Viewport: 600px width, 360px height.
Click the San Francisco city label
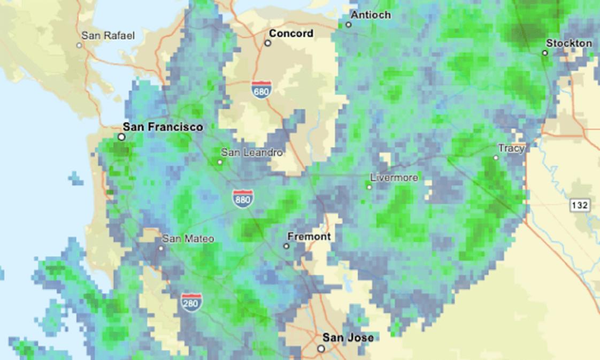pyautogui.click(x=163, y=127)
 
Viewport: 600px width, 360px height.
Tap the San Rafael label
pyautogui.click(x=108, y=36)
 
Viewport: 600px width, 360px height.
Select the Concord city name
pyautogui.click(x=291, y=34)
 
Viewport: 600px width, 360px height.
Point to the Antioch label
pyautogui.click(x=371, y=15)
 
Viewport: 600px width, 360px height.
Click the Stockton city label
pyautogui.click(x=568, y=43)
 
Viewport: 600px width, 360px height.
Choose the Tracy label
pyautogui.click(x=511, y=148)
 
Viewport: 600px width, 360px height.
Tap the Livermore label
pyautogui.click(x=394, y=178)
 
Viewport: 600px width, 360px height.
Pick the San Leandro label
pyautogui.click(x=251, y=152)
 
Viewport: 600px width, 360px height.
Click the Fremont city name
pyautogui.click(x=309, y=236)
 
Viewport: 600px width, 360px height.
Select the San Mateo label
pyautogui.click(x=188, y=239)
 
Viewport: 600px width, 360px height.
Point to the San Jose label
pyautogui.click(x=348, y=338)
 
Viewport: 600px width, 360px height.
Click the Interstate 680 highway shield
pyautogui.click(x=261, y=90)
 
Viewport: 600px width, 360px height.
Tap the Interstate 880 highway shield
pyautogui.click(x=243, y=199)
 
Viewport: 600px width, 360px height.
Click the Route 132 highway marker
pyautogui.click(x=579, y=205)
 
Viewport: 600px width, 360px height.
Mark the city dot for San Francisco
pyautogui.click(x=121, y=137)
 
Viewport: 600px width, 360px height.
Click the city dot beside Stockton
pyautogui.click(x=545, y=53)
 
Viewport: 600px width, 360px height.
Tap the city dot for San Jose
pyautogui.click(x=321, y=348)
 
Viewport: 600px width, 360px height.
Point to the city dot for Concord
pyautogui.click(x=268, y=43)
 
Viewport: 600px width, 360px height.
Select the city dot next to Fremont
pyautogui.click(x=286, y=246)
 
